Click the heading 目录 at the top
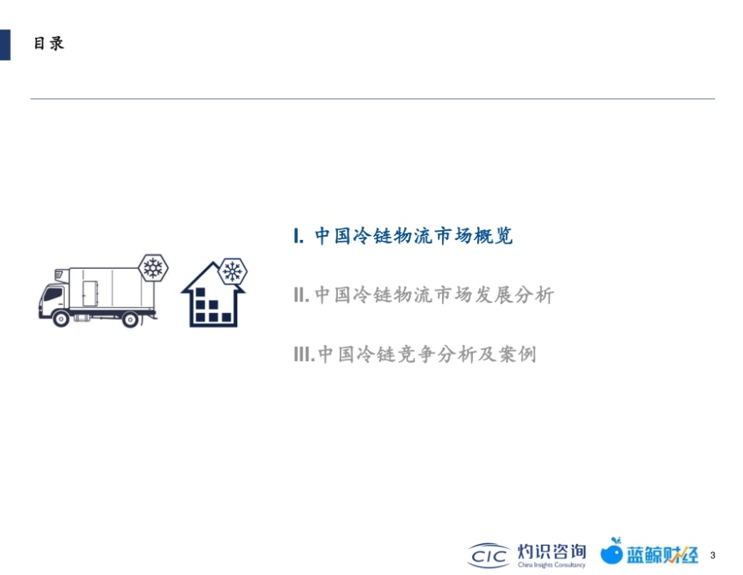49,43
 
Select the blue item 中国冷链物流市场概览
413,236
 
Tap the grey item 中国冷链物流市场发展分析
434,295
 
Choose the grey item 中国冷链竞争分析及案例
427,354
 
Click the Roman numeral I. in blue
299,236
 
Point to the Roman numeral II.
301,295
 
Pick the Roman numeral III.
304,354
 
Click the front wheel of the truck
61,319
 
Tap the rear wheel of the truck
130,319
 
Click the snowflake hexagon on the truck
153,268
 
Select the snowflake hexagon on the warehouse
232,272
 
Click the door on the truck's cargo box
90,293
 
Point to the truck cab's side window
54,295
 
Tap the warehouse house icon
213,295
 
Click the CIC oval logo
489,555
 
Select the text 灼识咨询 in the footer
552,551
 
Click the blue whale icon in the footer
611,551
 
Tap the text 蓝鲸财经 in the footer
662,555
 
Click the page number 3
713,555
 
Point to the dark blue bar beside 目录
5,44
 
